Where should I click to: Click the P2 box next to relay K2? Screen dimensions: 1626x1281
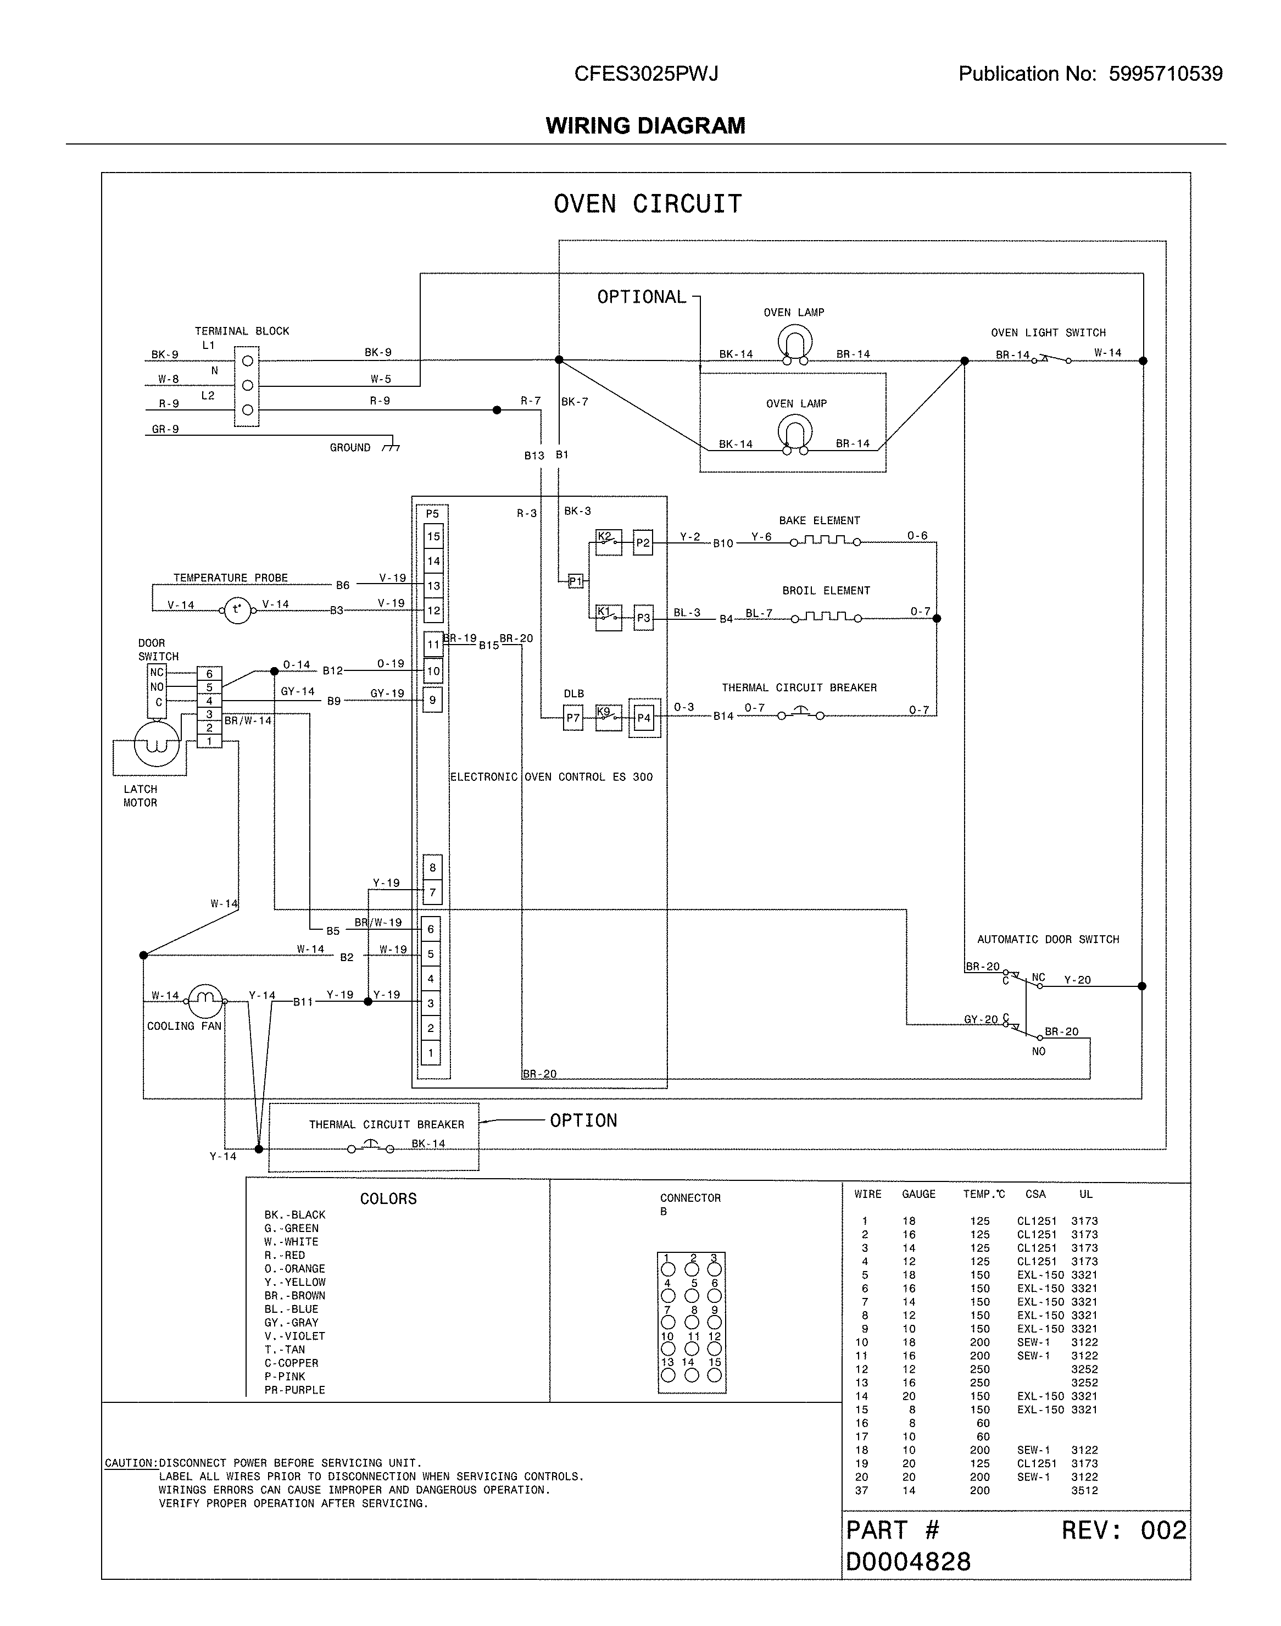coord(643,542)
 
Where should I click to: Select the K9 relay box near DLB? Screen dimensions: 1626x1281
coord(608,717)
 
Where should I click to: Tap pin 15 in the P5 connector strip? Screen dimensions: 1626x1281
coord(433,536)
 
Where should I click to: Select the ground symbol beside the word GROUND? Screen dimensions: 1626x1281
coord(391,448)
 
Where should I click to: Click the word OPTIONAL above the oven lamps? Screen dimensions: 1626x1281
coord(641,297)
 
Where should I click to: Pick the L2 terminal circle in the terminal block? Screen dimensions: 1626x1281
coord(248,410)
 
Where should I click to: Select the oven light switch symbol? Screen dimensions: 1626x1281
coord(1051,359)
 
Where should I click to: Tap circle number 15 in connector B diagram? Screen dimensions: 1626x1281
coord(714,1375)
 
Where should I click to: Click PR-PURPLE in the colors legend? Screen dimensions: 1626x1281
coord(295,1390)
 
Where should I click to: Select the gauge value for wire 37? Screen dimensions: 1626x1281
coord(909,1490)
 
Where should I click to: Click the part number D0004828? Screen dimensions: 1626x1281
coord(908,1562)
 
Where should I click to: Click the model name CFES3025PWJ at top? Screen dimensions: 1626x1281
coord(646,74)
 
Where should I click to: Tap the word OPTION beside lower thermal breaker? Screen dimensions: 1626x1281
coord(583,1120)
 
